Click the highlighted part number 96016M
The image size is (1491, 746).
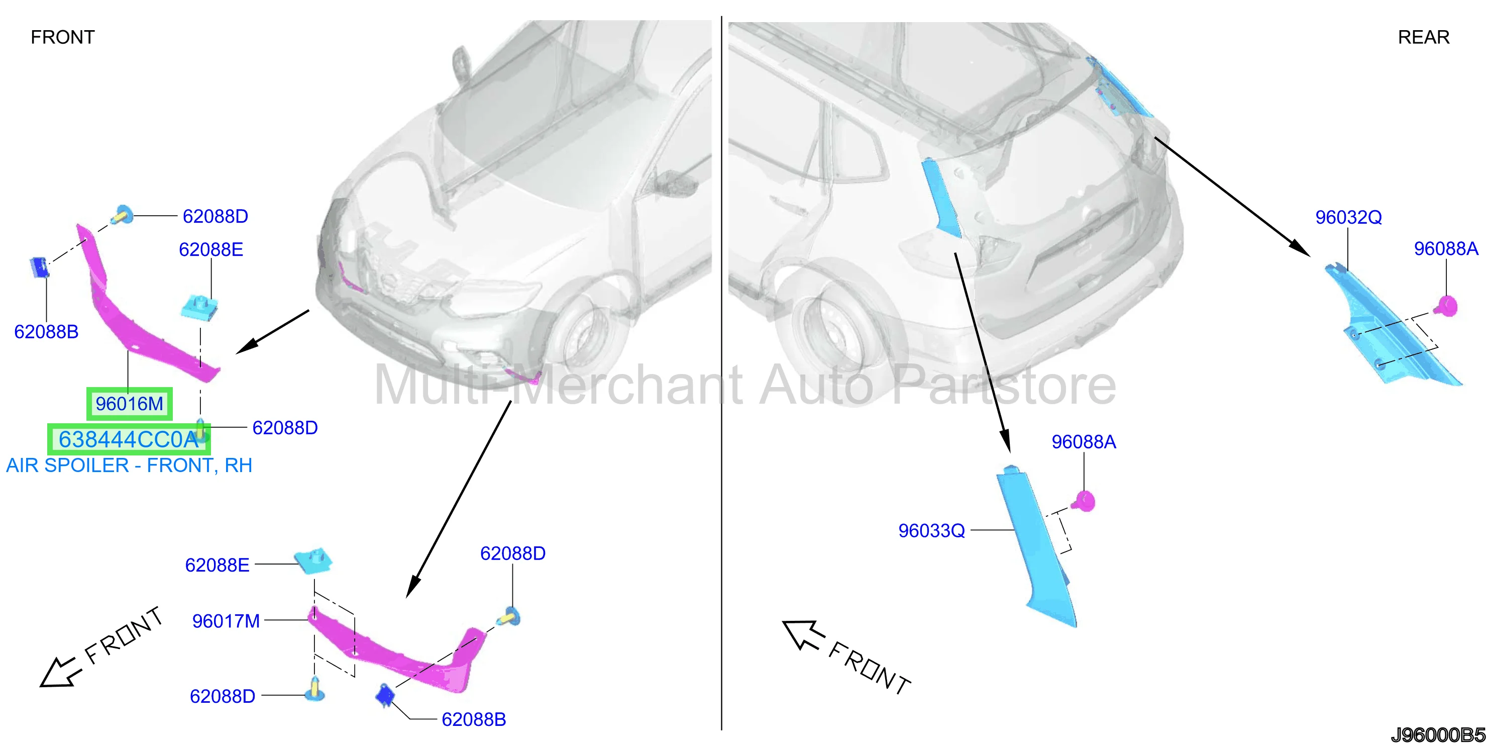(x=129, y=404)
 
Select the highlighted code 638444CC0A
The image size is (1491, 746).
(x=129, y=439)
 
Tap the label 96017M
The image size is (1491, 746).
(x=226, y=621)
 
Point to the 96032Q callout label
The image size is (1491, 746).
(x=1349, y=217)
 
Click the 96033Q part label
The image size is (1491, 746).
(x=931, y=530)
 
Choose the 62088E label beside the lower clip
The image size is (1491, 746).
(x=217, y=565)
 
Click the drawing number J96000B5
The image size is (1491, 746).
(x=1437, y=735)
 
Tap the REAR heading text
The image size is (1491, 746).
(x=1423, y=37)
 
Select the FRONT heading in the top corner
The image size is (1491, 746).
(x=62, y=37)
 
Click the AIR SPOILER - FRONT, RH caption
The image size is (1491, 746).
(x=129, y=465)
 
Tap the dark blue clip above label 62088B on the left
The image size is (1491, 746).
(x=39, y=267)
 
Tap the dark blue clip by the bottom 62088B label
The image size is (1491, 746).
(x=384, y=695)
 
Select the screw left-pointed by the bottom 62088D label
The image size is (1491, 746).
(x=315, y=689)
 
